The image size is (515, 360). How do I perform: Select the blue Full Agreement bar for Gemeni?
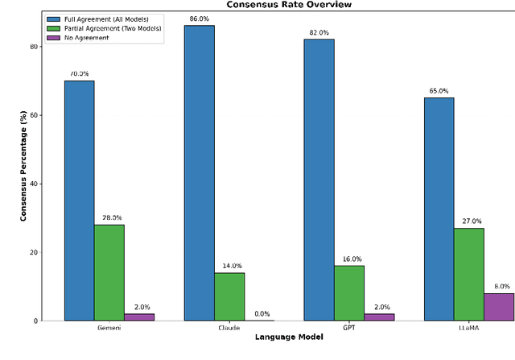[x=79, y=201]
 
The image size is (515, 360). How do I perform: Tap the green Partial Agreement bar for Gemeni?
[x=109, y=272]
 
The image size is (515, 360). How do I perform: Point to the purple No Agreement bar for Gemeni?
[x=139, y=317]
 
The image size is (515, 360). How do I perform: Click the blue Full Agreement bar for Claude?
[x=199, y=173]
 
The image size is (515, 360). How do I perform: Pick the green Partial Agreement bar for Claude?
[x=229, y=296]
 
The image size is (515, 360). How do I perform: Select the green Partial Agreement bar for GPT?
[x=349, y=293]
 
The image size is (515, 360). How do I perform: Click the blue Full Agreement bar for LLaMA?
[x=439, y=209]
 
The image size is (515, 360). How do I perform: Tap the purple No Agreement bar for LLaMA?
[x=499, y=307]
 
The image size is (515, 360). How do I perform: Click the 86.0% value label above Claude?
[x=200, y=18]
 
